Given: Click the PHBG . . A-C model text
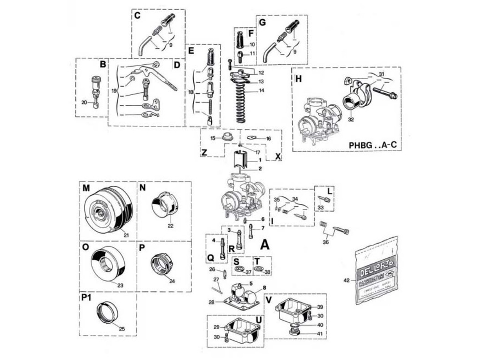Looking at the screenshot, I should click(373, 145).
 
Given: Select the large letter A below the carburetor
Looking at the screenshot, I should click(265, 244).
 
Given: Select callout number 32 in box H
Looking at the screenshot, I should click(350, 119).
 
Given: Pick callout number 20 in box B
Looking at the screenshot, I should click(84, 102).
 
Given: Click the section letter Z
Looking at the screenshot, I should click(204, 153).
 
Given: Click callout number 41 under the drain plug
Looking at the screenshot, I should click(320, 333).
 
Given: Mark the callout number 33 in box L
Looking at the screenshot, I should click(321, 207).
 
